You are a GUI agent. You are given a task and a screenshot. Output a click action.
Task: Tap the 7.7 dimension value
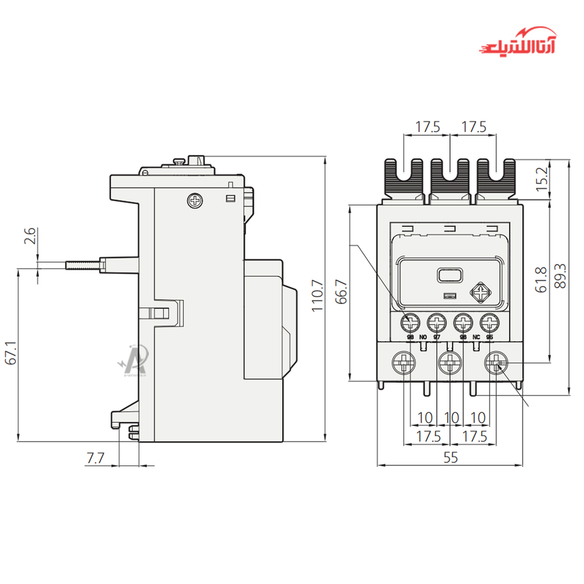point(95,457)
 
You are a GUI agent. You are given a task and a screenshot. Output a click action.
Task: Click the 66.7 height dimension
point(341,292)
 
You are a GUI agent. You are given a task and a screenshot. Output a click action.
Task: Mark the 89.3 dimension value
point(561,275)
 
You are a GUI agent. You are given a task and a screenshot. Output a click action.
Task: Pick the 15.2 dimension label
point(542,179)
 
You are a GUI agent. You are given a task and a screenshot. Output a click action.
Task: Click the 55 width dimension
point(451,457)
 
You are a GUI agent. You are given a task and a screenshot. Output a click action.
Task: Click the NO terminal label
point(423,338)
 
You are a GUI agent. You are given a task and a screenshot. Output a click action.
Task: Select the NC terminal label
point(476,338)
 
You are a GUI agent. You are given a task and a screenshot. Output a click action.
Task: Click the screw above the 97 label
point(437,323)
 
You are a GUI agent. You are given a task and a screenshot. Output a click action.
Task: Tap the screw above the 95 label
point(489,323)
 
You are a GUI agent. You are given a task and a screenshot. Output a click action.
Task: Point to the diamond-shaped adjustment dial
point(481,293)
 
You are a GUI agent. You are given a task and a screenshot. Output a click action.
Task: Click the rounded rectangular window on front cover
point(451,276)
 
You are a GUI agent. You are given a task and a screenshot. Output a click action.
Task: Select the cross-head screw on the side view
point(194,201)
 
